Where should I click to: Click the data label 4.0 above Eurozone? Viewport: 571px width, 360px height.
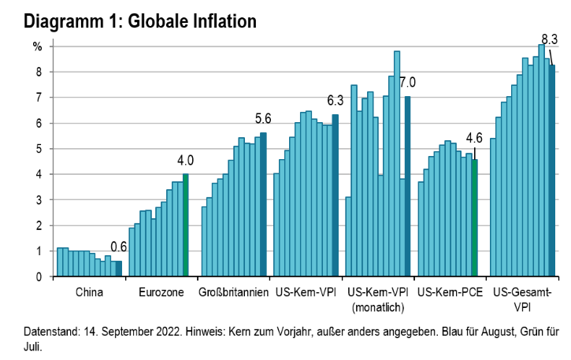(x=186, y=160)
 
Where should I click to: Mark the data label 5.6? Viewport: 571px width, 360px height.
(x=262, y=119)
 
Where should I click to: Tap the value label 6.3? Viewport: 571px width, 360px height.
(x=336, y=100)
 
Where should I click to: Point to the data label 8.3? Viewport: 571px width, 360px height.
(x=549, y=38)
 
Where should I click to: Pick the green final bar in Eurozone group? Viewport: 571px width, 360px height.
(x=186, y=225)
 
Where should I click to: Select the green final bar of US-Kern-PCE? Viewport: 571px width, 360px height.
(x=474, y=218)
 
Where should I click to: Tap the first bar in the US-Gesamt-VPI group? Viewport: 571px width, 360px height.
(x=493, y=207)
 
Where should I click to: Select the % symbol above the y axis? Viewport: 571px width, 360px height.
(x=37, y=46)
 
